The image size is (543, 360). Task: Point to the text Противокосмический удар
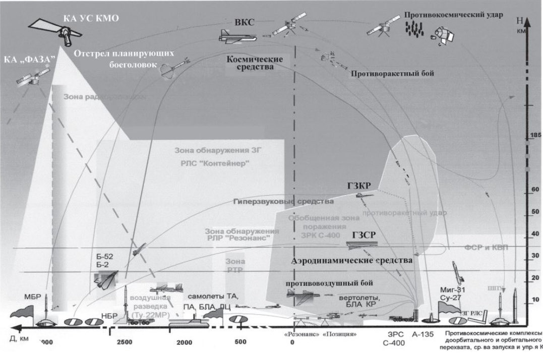tap(453, 14)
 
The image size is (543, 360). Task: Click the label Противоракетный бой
tap(393, 74)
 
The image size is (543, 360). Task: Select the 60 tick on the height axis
tap(535, 190)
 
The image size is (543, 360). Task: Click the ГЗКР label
tap(358, 186)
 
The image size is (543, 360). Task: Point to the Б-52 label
tap(104, 256)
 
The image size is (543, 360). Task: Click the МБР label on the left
tap(32, 295)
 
